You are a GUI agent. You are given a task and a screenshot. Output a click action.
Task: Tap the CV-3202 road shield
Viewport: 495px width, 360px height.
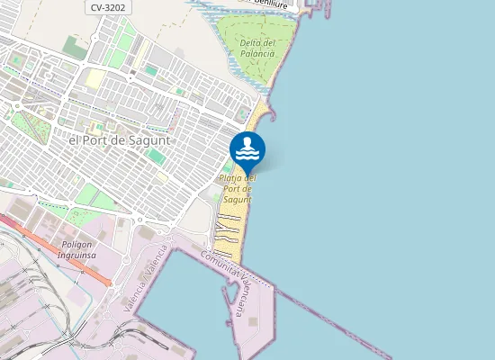108,7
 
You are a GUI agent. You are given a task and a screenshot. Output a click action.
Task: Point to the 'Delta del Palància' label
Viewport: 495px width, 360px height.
257,48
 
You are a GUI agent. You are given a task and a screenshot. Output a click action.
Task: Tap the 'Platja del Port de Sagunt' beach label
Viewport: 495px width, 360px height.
238,188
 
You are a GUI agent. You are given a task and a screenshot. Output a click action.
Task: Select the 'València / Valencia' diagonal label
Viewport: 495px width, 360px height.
147,278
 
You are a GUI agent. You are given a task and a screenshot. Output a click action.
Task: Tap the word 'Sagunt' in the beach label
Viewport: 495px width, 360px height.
237,199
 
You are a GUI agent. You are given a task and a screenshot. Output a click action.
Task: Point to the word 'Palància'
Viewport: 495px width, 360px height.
257,54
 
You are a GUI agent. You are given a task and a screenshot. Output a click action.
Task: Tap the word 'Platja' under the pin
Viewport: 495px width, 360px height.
231,177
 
